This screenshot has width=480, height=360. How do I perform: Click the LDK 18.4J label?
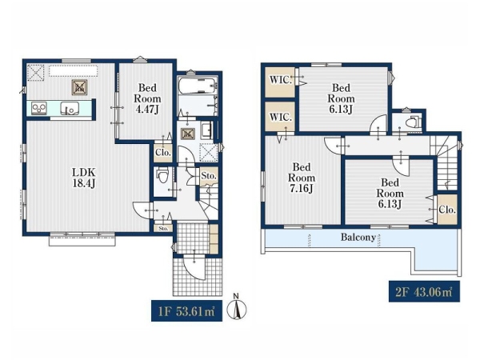point(84,178)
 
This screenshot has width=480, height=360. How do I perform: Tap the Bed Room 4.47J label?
point(147,98)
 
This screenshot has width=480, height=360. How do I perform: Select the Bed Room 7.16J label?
point(302,178)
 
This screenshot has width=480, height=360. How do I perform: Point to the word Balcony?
point(358,238)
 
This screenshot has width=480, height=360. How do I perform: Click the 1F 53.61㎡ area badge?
point(186,311)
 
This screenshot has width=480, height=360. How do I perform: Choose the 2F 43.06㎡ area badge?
point(424,292)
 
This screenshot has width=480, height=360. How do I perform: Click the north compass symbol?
point(236,308)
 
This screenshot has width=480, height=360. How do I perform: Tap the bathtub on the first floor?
point(198,85)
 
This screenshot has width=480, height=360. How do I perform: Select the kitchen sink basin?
point(70,108)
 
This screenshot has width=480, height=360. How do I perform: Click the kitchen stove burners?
point(39,108)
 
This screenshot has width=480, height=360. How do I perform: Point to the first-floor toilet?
point(162,174)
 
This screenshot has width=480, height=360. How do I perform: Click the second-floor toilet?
point(412,122)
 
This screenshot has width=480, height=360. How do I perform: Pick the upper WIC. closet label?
point(280,80)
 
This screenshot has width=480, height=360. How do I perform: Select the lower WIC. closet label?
point(280,117)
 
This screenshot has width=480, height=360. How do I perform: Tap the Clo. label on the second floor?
point(447,210)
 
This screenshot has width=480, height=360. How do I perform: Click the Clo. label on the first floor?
point(163,152)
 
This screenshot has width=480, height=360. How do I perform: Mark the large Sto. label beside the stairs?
point(209,176)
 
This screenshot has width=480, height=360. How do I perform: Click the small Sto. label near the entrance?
point(163,228)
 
